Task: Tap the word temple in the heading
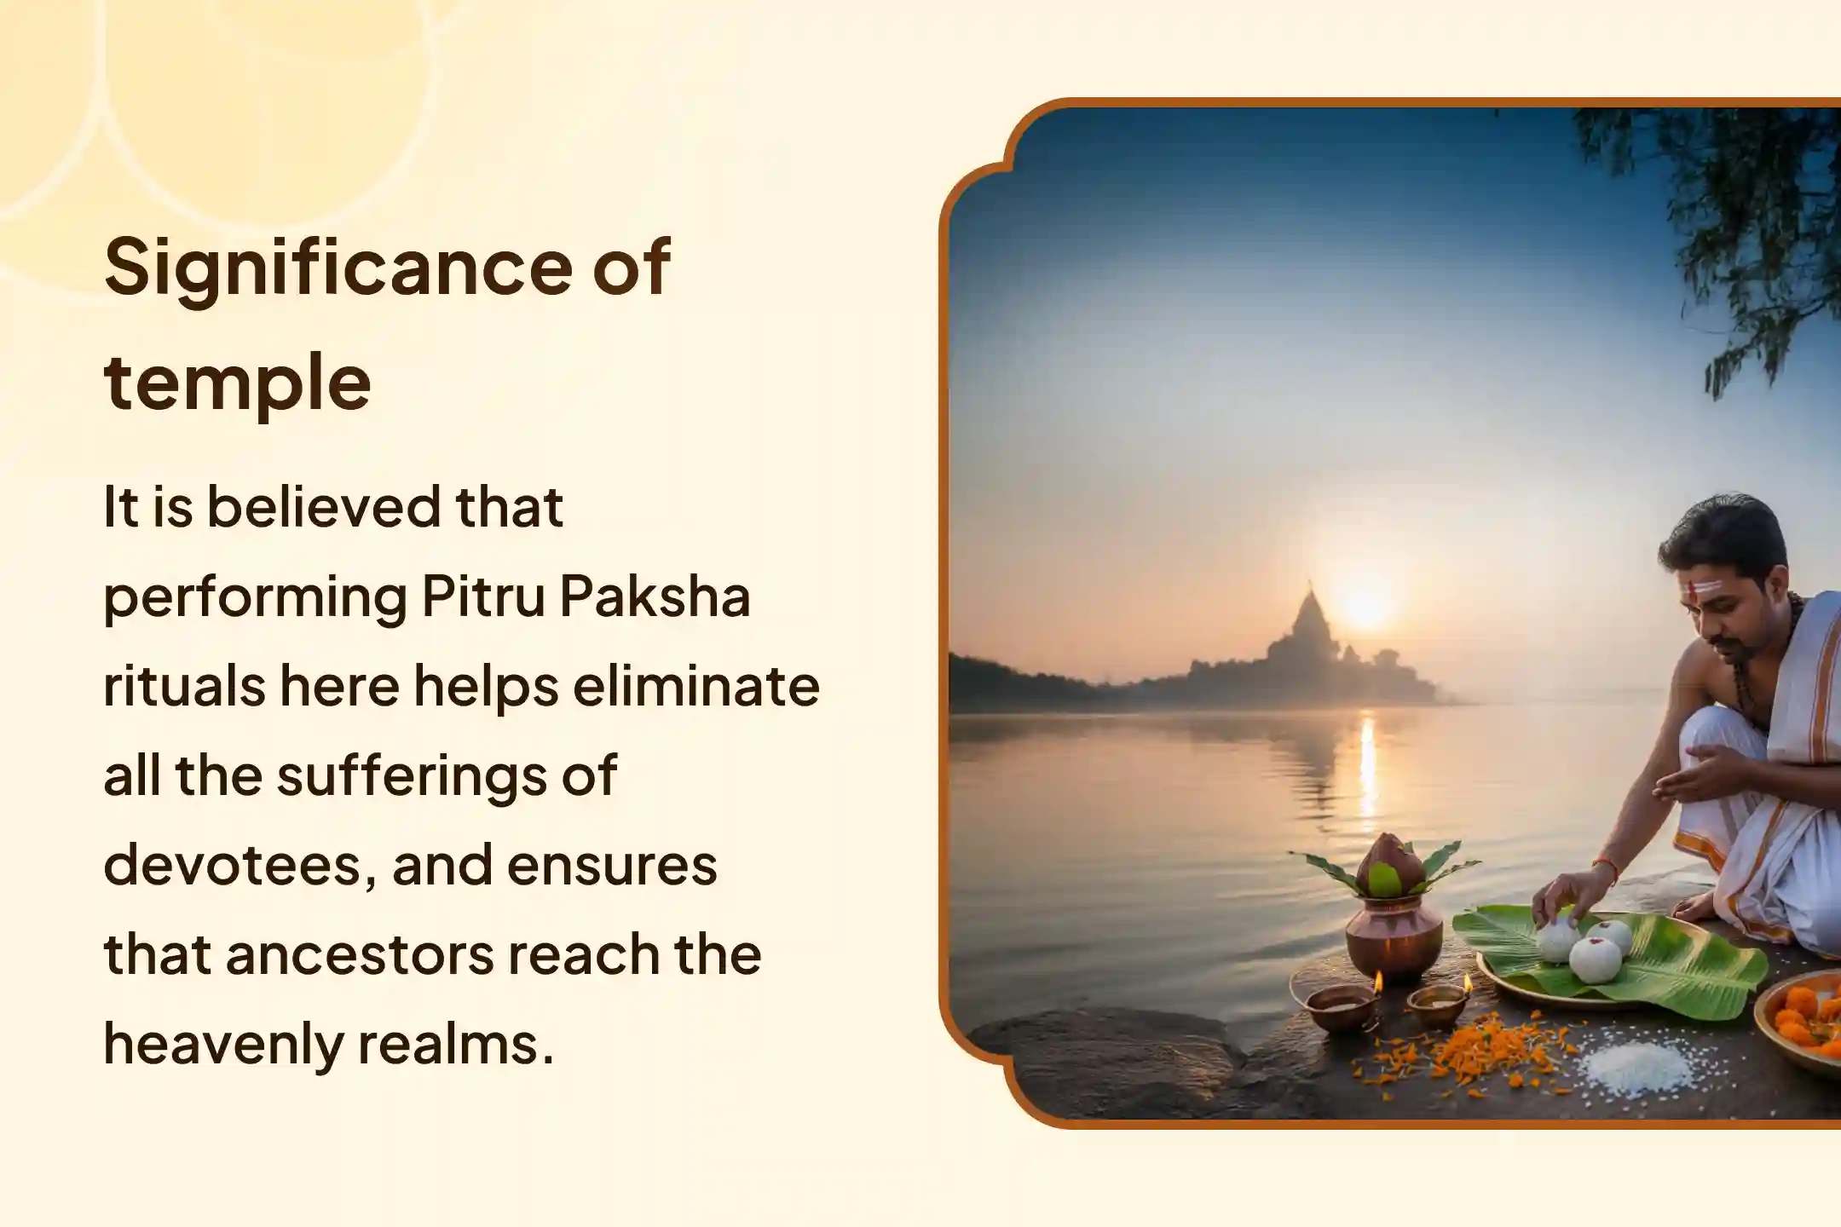point(237,383)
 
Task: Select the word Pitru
point(482,596)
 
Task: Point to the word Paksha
point(655,596)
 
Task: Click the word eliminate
point(695,686)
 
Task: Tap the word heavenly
point(223,1044)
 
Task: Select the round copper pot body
point(1393,938)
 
